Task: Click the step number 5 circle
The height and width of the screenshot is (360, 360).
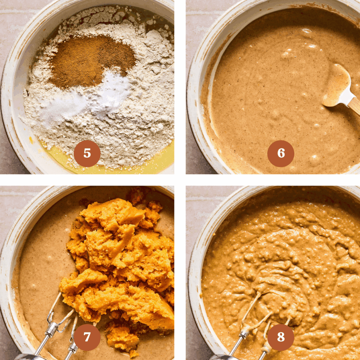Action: (x=87, y=154)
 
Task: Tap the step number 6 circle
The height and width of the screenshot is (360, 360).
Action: (x=281, y=154)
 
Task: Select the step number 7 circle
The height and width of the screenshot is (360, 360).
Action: (x=87, y=337)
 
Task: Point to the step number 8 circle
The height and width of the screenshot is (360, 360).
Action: (x=281, y=337)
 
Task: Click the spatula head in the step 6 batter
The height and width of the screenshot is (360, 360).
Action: (x=336, y=84)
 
